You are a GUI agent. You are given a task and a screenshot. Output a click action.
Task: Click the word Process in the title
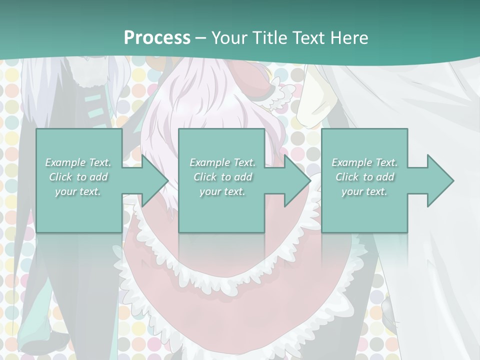[157, 38]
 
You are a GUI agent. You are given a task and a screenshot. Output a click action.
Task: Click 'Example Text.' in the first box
[78, 162]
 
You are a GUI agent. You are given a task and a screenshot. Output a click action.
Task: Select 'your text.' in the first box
[78, 191]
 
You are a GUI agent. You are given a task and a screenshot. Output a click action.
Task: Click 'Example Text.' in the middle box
[222, 162]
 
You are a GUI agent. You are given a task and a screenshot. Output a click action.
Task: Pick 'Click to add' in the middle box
[222, 177]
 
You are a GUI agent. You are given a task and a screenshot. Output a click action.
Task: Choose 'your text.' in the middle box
[222, 191]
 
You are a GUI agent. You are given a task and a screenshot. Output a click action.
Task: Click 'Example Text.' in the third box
[364, 162]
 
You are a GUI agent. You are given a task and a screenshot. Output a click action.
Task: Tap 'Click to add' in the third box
[364, 177]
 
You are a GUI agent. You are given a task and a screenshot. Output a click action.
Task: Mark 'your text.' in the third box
[364, 191]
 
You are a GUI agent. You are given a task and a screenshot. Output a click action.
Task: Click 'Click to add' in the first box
[78, 177]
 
